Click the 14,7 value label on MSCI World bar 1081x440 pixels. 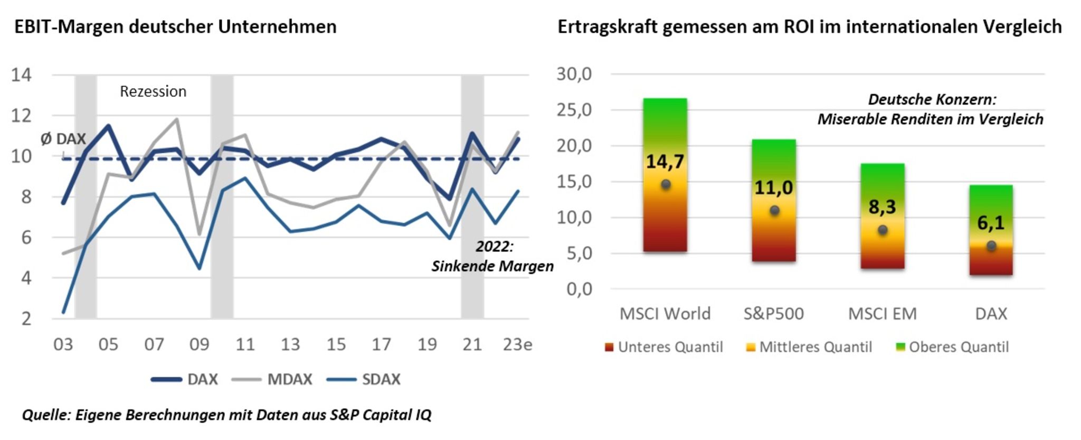pyautogui.click(x=665, y=162)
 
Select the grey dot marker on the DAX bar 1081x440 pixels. pyautogui.click(x=991, y=246)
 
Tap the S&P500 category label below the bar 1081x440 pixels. pyautogui.click(x=773, y=314)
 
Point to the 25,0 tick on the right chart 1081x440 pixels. pyautogui.click(x=574, y=110)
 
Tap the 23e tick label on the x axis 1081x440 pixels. pyautogui.click(x=517, y=345)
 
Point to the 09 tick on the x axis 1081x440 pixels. pyautogui.click(x=199, y=345)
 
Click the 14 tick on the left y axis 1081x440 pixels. pyautogui.click(x=22, y=74)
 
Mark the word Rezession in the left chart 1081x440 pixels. pyautogui.click(x=153, y=91)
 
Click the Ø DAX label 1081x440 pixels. pyautogui.click(x=63, y=139)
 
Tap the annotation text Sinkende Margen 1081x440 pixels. pyautogui.click(x=492, y=266)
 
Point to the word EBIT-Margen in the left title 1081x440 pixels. pyautogui.click(x=68, y=26)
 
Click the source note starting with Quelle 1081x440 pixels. pyautogui.click(x=226, y=415)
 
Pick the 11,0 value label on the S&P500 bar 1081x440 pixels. pyautogui.click(x=773, y=188)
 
